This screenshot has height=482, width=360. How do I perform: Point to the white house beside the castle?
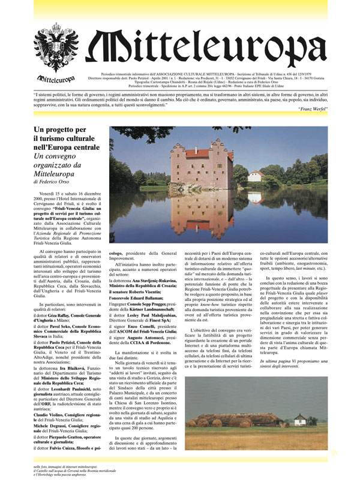(x=256, y=176)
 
